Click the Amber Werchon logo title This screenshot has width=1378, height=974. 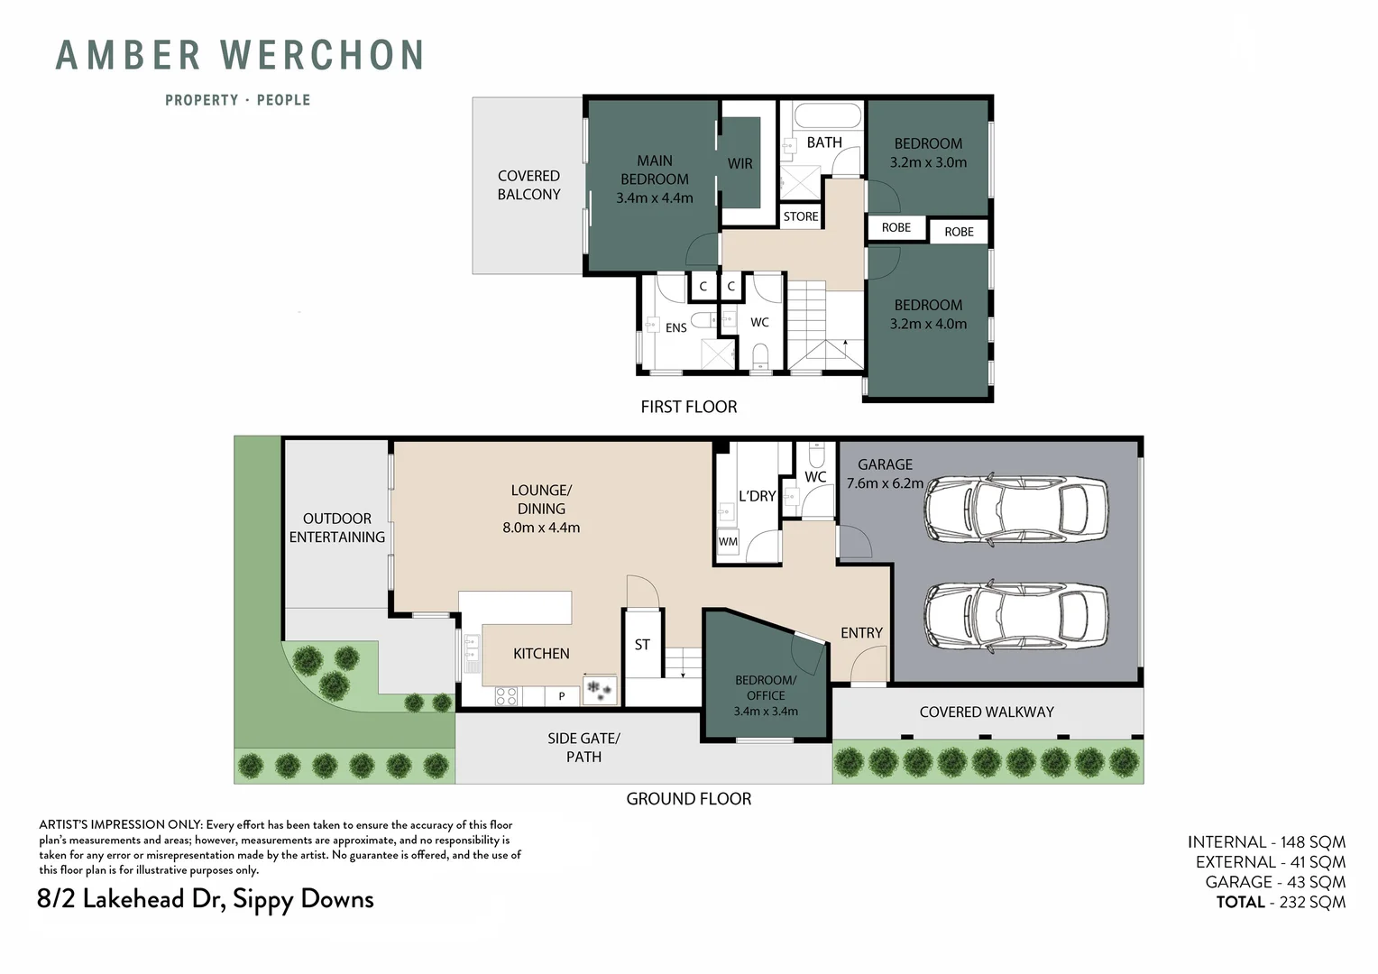click(x=240, y=56)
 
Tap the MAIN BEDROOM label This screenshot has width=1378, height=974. click(x=654, y=170)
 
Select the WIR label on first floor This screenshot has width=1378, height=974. click(x=740, y=163)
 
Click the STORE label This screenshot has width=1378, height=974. click(x=800, y=216)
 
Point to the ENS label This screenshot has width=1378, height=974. click(x=675, y=327)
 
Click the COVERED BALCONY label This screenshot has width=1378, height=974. click(x=528, y=185)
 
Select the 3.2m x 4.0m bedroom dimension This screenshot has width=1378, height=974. click(x=928, y=324)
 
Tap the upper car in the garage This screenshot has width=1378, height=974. click(x=1015, y=510)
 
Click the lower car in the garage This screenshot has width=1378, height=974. click(x=1015, y=619)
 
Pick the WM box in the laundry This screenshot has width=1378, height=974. click(x=728, y=542)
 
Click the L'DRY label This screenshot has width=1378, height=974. click(x=757, y=496)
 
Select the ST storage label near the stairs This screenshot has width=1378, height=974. click(x=641, y=645)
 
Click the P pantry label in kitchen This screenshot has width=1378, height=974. click(x=561, y=696)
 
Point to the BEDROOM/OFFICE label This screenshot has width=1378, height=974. click(x=765, y=687)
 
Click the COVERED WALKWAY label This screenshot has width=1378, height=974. click(x=986, y=712)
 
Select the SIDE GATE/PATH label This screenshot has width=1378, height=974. click(x=583, y=748)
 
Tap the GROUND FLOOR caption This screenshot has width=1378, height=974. click(x=688, y=799)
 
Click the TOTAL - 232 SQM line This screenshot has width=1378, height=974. click(x=1280, y=902)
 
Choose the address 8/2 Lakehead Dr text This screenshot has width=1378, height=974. click(x=206, y=899)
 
